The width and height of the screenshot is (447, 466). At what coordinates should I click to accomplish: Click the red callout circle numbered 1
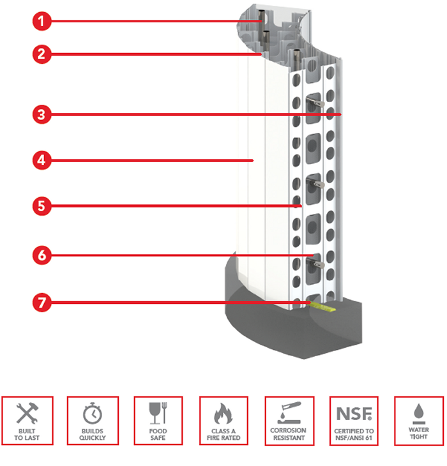point(41,22)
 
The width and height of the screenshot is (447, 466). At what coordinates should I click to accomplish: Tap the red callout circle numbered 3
point(41,115)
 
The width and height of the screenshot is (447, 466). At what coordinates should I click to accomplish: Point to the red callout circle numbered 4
point(41,160)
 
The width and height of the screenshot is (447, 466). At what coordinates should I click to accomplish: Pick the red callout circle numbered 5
point(41,206)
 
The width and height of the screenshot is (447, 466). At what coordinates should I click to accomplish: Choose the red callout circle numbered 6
point(41,255)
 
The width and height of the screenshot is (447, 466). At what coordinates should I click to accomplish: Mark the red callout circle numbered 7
point(41,302)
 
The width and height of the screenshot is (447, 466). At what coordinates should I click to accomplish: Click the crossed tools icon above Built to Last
point(27,414)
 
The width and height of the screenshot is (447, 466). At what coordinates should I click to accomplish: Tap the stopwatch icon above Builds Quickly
point(93,414)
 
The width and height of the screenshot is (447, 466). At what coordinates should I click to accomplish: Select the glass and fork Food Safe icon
point(158,414)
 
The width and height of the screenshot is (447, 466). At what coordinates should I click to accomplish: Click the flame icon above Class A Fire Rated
point(223,414)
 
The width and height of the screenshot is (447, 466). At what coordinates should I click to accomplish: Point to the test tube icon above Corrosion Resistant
point(288,414)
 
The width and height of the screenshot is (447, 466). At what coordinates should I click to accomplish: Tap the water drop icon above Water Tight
point(420,414)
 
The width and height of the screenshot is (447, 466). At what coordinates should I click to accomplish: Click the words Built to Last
point(27,435)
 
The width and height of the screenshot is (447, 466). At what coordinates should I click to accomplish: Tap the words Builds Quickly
point(93,435)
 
